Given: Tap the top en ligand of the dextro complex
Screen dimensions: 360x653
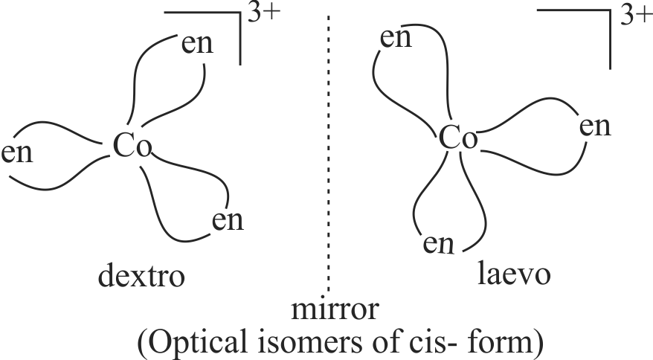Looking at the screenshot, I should click(x=197, y=44).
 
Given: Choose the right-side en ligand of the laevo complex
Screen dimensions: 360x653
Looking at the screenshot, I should click(x=595, y=126).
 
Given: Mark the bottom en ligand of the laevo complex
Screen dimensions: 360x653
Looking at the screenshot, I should click(x=440, y=242).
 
